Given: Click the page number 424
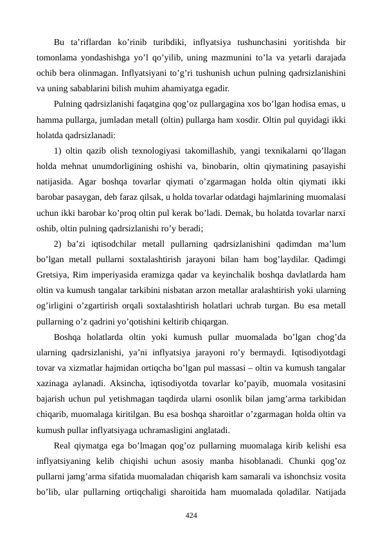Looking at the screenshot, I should pyautogui.click(x=191, y=515).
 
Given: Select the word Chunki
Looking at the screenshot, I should pyautogui.click(x=292, y=460).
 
